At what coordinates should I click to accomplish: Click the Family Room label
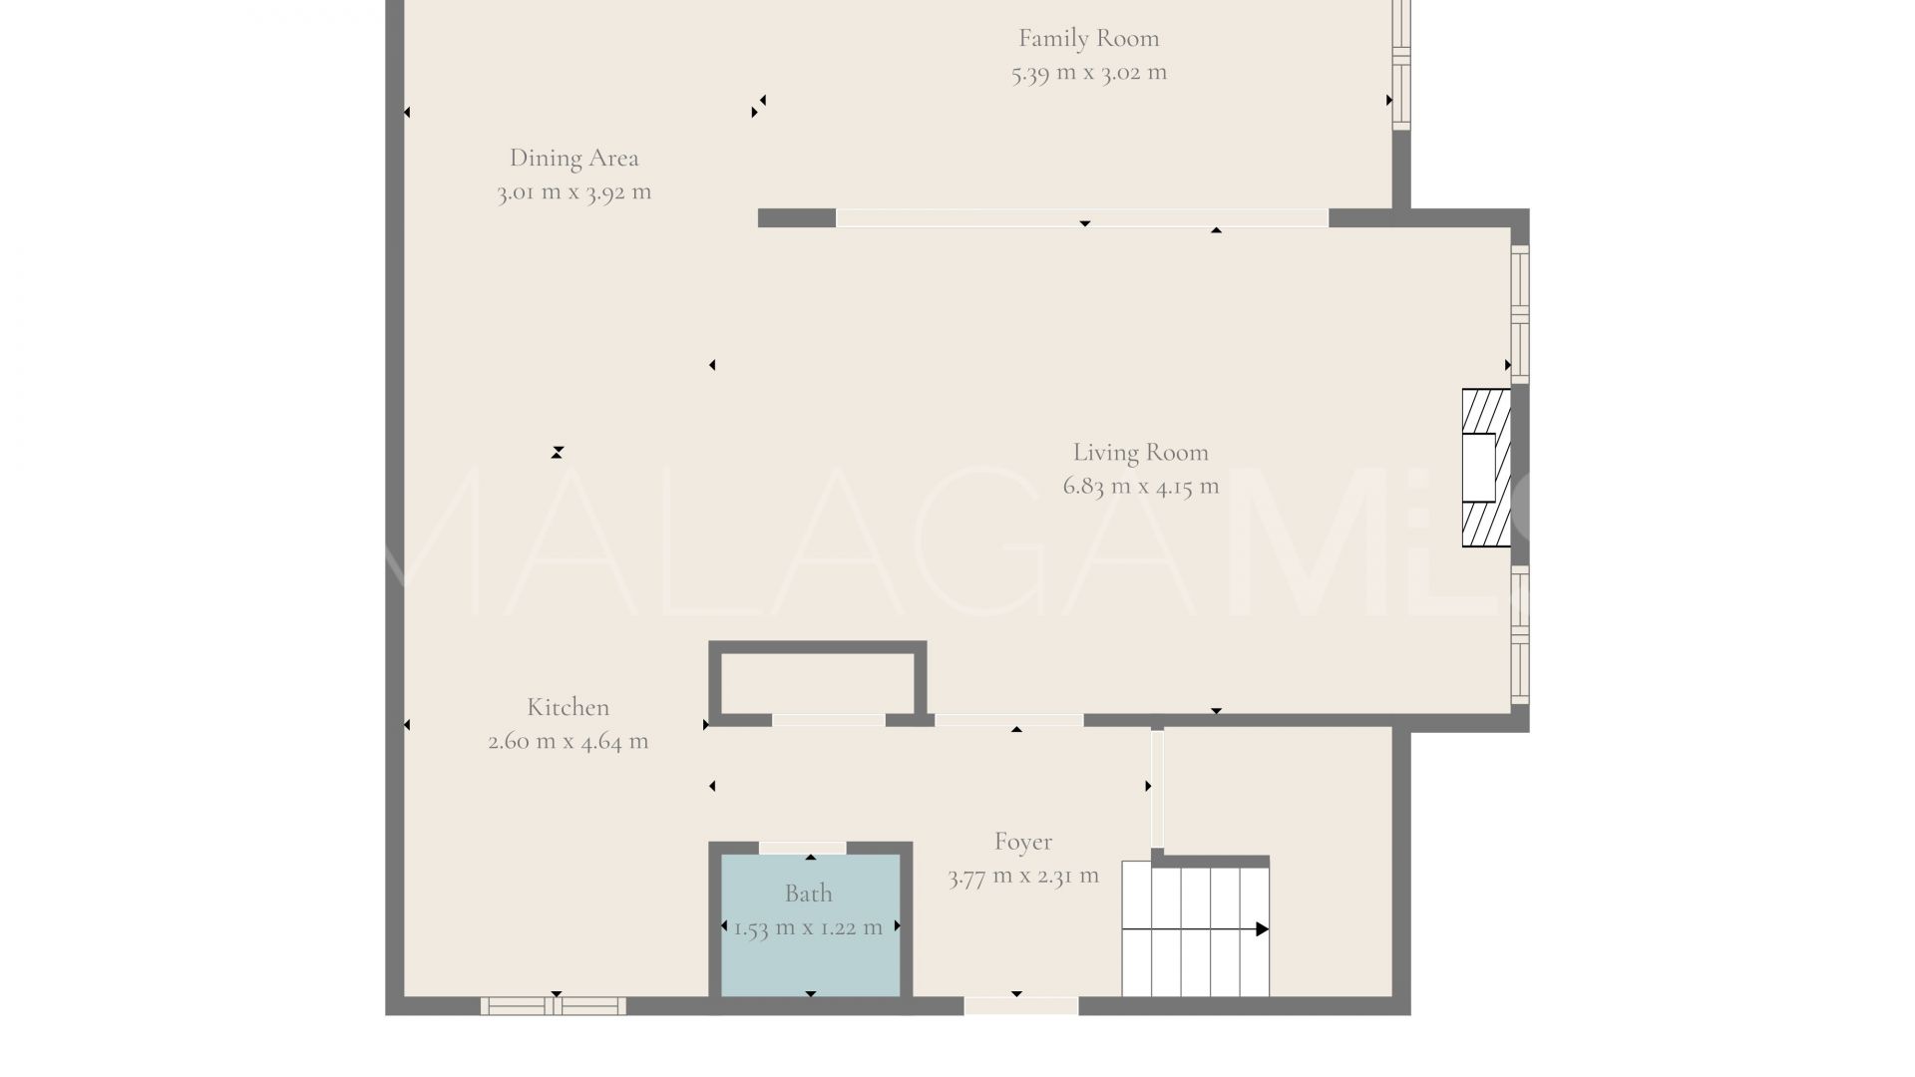click(x=1088, y=39)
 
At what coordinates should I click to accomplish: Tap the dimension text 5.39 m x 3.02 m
click(x=1088, y=73)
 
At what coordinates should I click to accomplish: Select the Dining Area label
click(x=574, y=159)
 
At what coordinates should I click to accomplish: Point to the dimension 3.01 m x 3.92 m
click(x=574, y=192)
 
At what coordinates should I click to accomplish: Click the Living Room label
click(x=1140, y=453)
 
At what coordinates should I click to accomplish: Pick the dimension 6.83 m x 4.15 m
click(x=1140, y=487)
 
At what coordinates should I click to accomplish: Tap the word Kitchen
click(x=568, y=708)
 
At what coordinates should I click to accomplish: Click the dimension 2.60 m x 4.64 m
click(x=568, y=742)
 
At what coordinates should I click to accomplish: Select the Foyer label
click(x=1022, y=843)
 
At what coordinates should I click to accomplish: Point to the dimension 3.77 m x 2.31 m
click(x=1022, y=877)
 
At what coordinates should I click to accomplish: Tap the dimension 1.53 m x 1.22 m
click(x=808, y=928)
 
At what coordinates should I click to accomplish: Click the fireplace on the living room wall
click(x=1486, y=468)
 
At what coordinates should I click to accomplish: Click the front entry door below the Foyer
click(x=1020, y=1006)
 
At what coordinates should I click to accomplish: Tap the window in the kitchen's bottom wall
click(x=554, y=1006)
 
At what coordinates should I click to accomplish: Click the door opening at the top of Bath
click(x=802, y=848)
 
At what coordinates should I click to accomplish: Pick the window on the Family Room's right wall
click(x=1401, y=65)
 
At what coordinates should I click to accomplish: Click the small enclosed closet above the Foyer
click(x=818, y=682)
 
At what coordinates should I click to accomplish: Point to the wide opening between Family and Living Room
click(x=1081, y=218)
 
